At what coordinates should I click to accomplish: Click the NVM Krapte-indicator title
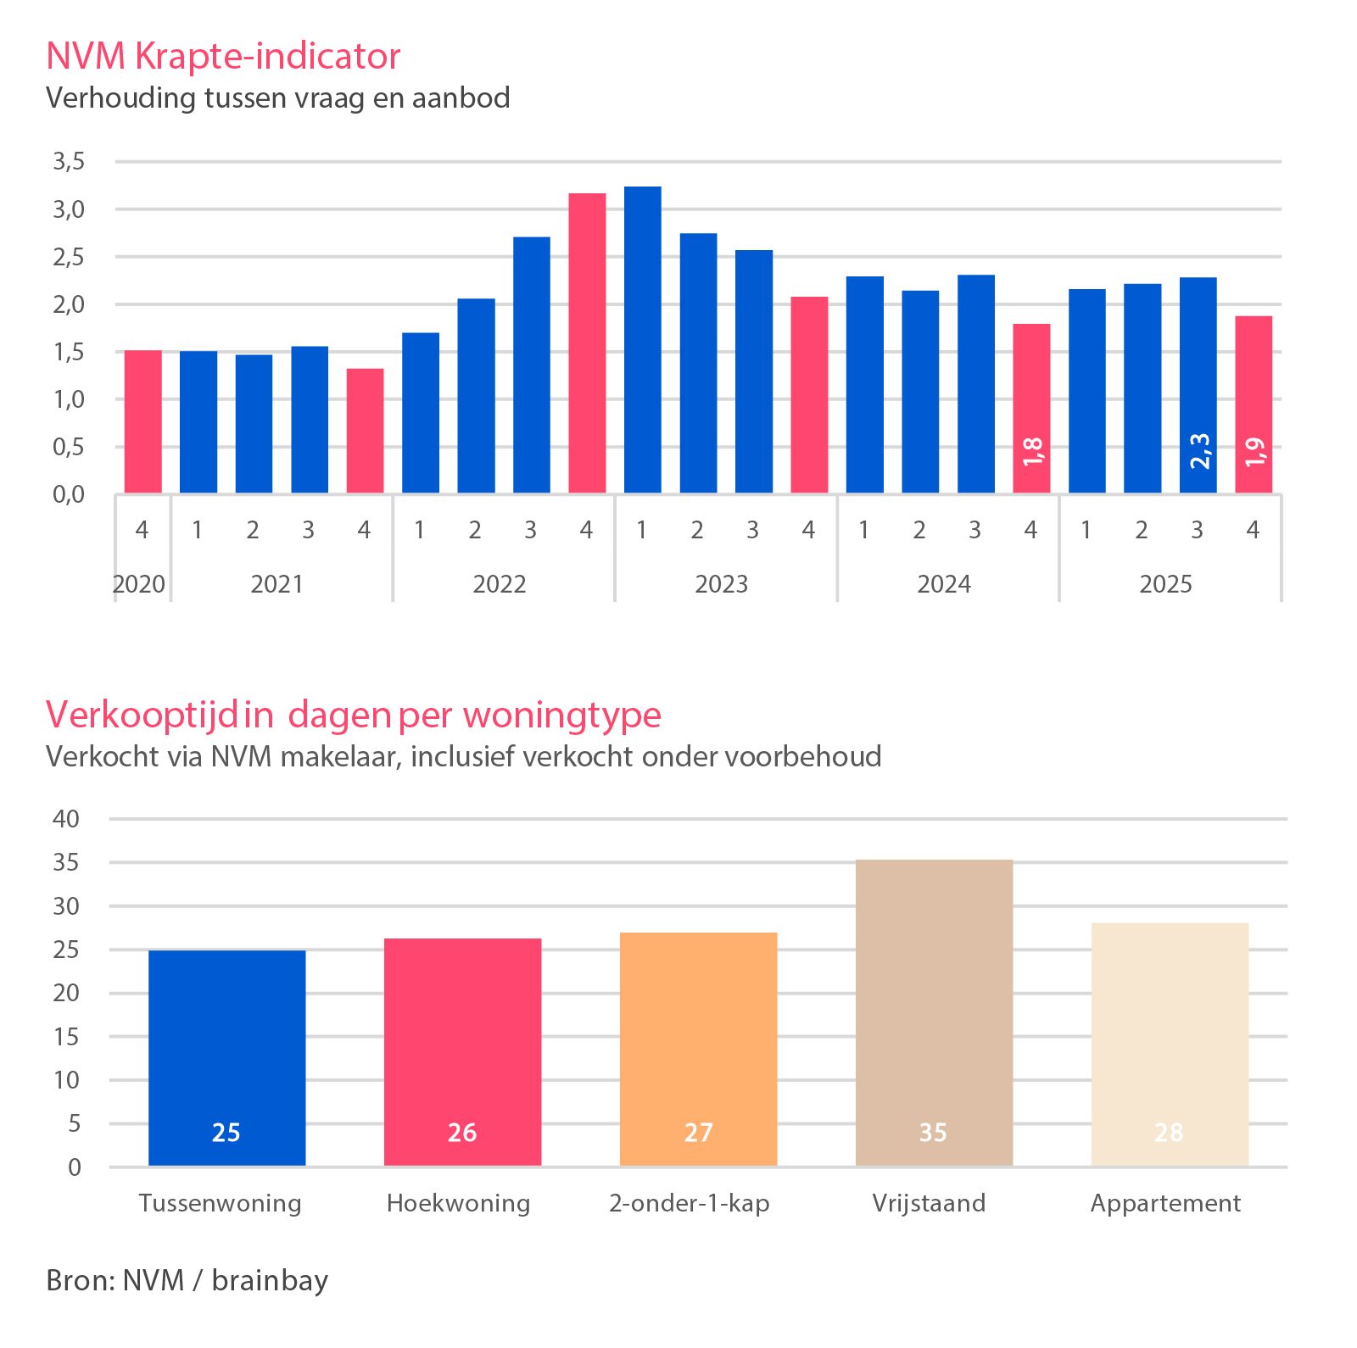click(223, 56)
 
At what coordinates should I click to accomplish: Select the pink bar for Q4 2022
click(587, 343)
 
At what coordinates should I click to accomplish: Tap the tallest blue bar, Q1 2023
click(643, 340)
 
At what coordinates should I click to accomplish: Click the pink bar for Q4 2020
click(143, 421)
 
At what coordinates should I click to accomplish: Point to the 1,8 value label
click(1032, 452)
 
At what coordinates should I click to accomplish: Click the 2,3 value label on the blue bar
click(1199, 451)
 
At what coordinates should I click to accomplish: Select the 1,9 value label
click(1254, 452)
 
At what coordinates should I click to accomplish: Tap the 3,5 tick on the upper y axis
click(69, 161)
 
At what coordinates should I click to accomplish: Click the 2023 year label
click(722, 584)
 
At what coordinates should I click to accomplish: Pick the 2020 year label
click(139, 584)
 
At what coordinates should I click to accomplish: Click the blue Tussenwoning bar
click(227, 1058)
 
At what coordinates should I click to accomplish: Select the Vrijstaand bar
click(935, 1013)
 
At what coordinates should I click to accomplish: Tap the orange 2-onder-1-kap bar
click(699, 1050)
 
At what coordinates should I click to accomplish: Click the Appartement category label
click(1165, 1204)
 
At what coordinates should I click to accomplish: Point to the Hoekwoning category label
click(458, 1204)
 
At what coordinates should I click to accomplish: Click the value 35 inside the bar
click(933, 1133)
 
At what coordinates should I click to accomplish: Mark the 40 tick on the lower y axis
click(66, 819)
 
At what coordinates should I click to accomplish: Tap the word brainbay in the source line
click(270, 1280)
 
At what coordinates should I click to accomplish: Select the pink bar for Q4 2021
click(366, 431)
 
